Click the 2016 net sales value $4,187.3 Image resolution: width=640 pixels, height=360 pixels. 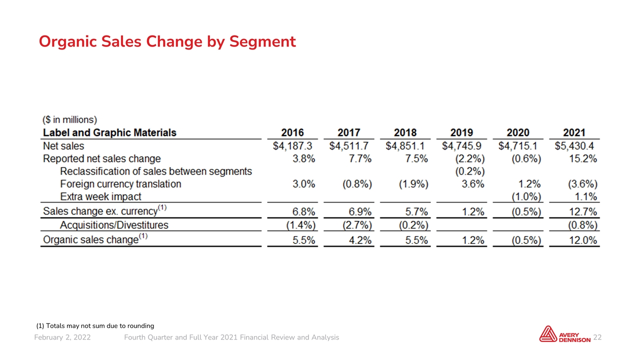click(x=292, y=146)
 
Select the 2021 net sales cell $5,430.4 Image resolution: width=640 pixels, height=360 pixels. click(x=574, y=146)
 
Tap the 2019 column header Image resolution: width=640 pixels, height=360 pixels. click(x=461, y=132)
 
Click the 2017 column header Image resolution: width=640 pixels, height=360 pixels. click(x=348, y=132)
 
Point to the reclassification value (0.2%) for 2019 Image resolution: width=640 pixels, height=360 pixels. click(x=469, y=171)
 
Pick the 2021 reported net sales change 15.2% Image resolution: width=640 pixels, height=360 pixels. click(x=583, y=158)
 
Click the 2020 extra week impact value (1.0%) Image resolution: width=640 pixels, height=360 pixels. click(x=526, y=196)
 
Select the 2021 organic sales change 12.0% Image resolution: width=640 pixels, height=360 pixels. click(x=583, y=240)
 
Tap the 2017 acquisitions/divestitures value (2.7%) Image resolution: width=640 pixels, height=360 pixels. click(x=357, y=225)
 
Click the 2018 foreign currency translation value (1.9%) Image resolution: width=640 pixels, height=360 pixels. click(x=413, y=184)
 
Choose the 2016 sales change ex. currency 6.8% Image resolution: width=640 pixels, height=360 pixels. click(x=303, y=211)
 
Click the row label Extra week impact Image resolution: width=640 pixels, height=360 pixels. click(x=100, y=196)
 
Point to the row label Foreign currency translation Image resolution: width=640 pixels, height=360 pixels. click(x=120, y=184)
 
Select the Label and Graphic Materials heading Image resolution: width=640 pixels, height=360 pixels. click(x=109, y=132)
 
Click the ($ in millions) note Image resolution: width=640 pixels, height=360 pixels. click(x=69, y=119)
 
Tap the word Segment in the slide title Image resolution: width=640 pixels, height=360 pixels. click(x=262, y=41)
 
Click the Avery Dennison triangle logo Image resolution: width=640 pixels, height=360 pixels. click(x=547, y=334)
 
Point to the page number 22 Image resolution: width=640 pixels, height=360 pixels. click(x=597, y=337)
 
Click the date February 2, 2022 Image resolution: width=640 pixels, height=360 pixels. click(x=62, y=337)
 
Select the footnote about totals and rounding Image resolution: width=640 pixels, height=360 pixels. click(x=95, y=325)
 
